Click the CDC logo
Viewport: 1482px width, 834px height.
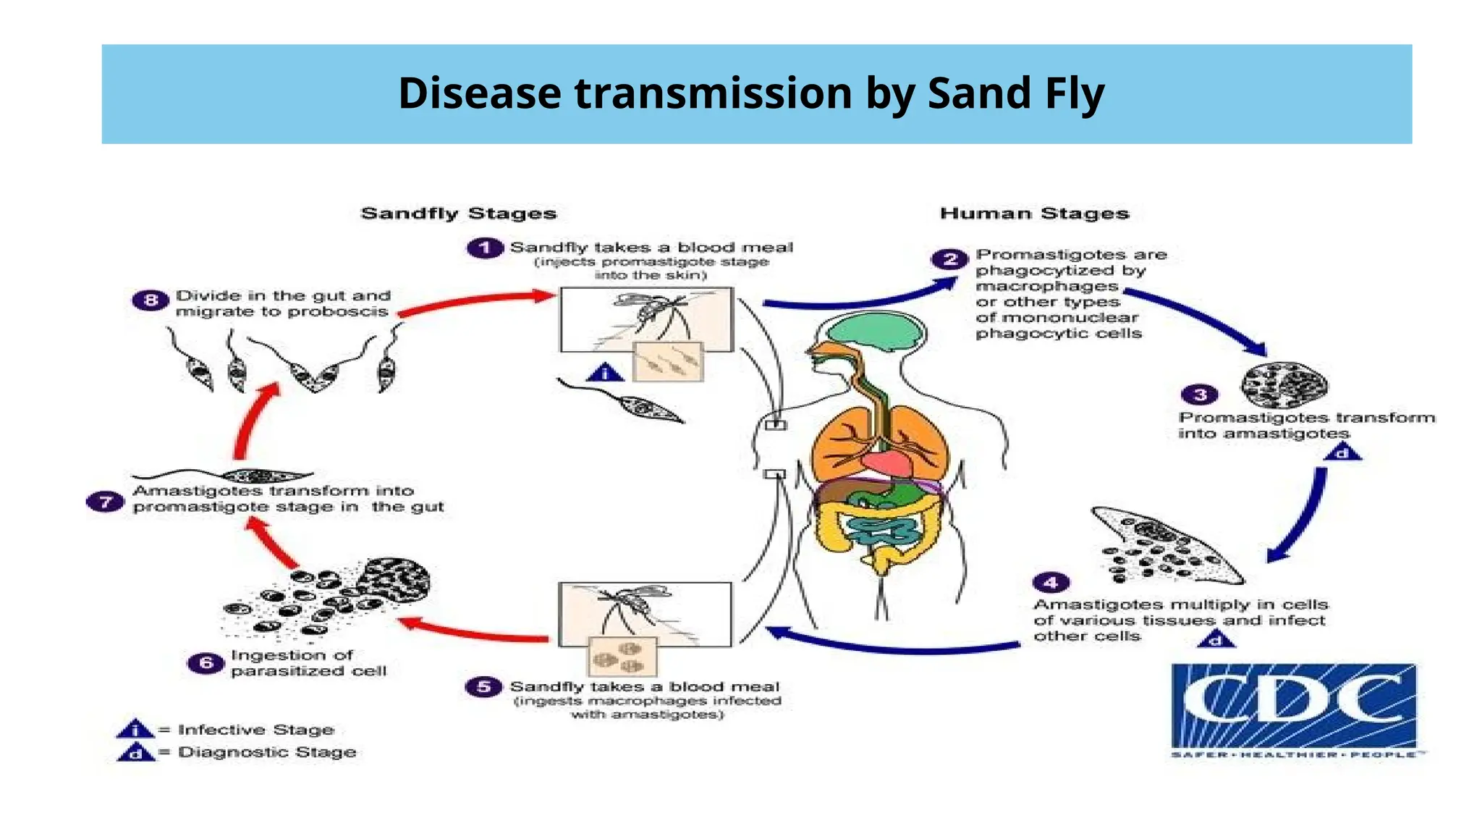click(x=1294, y=708)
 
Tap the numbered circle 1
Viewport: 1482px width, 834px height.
click(x=485, y=248)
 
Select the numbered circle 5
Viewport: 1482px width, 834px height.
click(x=483, y=686)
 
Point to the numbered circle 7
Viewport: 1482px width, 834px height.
click(x=106, y=501)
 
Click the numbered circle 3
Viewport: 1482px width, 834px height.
click(x=1200, y=395)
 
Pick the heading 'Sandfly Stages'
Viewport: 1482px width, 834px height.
click(x=459, y=214)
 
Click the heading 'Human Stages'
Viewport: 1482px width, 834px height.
click(x=1034, y=214)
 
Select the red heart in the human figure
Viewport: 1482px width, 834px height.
click(x=889, y=463)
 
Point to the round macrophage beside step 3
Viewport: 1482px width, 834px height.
click(x=1284, y=384)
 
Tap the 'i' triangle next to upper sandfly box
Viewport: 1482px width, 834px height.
click(x=605, y=374)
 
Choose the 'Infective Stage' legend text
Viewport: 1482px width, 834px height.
click(x=255, y=730)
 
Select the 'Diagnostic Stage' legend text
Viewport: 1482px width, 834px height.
click(x=267, y=752)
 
